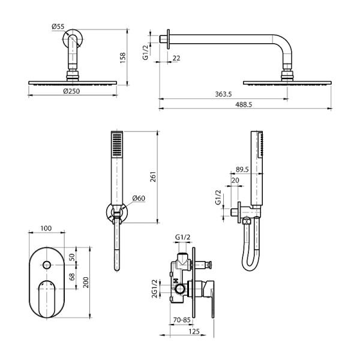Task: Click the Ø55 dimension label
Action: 58,26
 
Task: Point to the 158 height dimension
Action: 124,56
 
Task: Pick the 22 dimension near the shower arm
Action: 176,58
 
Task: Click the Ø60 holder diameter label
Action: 137,198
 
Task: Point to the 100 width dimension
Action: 46,228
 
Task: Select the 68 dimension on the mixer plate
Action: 73,277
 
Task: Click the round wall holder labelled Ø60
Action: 116,211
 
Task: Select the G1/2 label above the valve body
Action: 183,238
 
